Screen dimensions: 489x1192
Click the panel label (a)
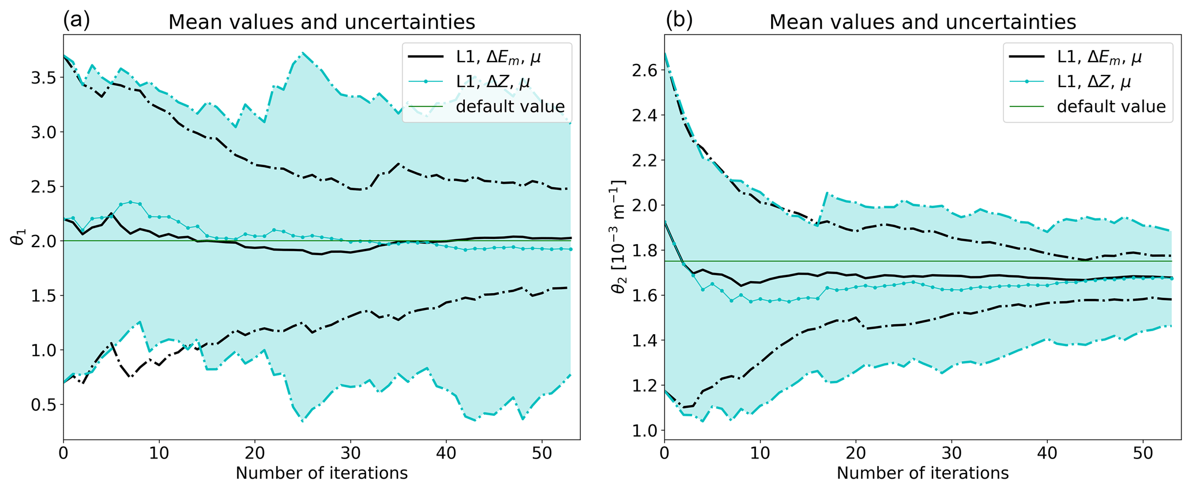[x=77, y=20]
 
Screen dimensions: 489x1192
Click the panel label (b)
[x=679, y=20]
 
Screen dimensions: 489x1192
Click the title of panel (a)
[x=321, y=22]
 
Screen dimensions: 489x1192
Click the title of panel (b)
[x=923, y=22]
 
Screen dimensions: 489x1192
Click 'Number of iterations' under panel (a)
[x=321, y=473]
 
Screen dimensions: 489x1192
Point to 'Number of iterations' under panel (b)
[x=923, y=473]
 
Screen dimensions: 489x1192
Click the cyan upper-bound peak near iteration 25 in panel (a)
[x=303, y=52]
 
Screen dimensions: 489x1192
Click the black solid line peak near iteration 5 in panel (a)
[x=111, y=213]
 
